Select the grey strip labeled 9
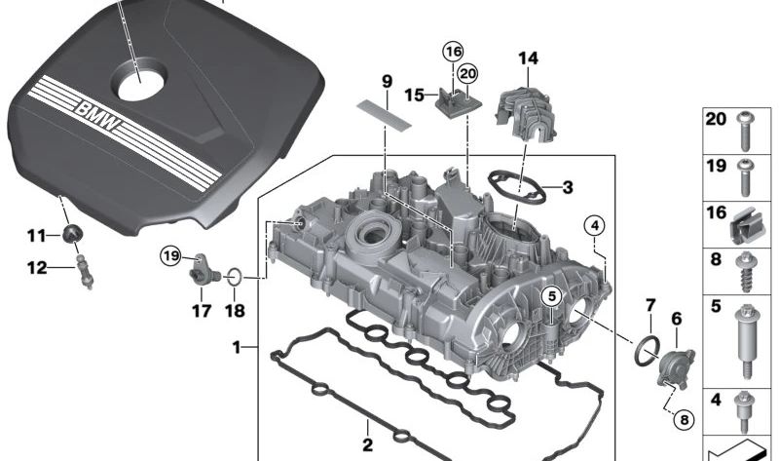tap(384, 113)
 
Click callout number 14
tap(528, 58)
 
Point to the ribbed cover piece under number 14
tap(526, 113)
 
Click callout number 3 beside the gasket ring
tap(568, 187)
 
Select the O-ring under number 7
tap(648, 350)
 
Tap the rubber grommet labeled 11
tap(73, 233)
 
